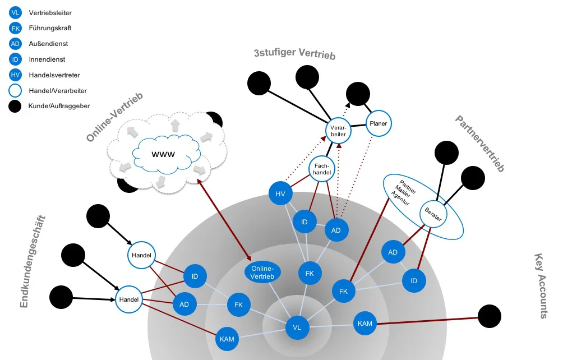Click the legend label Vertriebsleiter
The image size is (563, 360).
(x=50, y=12)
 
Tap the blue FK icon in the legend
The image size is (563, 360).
(x=16, y=27)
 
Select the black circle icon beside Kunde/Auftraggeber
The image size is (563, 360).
(x=16, y=105)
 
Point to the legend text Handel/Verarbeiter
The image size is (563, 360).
(x=57, y=90)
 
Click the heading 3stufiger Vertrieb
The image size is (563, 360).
(x=294, y=54)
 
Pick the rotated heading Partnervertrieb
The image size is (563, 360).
(x=479, y=143)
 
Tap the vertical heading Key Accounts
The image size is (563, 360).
(x=541, y=286)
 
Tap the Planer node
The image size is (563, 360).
(x=378, y=123)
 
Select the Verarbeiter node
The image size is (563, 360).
(x=338, y=131)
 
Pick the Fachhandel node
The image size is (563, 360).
(x=321, y=169)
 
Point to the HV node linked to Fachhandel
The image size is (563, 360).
(x=280, y=194)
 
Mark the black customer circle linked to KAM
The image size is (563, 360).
(x=489, y=316)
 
